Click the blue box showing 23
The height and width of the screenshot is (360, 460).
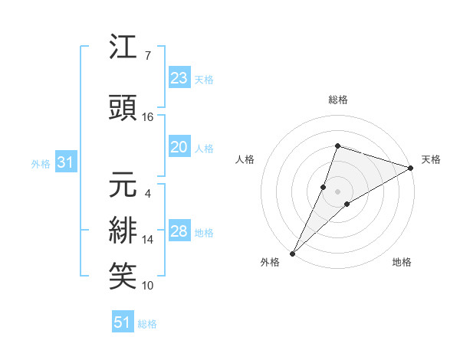tap(179, 78)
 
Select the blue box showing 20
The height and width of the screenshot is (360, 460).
tap(179, 148)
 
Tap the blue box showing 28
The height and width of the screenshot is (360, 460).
tap(179, 232)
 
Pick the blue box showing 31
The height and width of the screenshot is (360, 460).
tap(65, 163)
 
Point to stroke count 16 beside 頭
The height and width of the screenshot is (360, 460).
tap(148, 116)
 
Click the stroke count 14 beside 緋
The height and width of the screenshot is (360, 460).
tap(148, 239)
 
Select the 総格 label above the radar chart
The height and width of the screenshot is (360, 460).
tap(337, 100)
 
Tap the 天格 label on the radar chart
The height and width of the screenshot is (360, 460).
tap(431, 159)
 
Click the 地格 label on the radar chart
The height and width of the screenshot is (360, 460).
tap(402, 263)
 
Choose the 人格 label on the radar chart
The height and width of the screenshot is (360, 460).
tap(245, 159)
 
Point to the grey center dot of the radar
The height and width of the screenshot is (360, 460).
tap(337, 191)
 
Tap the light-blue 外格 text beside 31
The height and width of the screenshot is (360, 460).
tap(40, 164)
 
